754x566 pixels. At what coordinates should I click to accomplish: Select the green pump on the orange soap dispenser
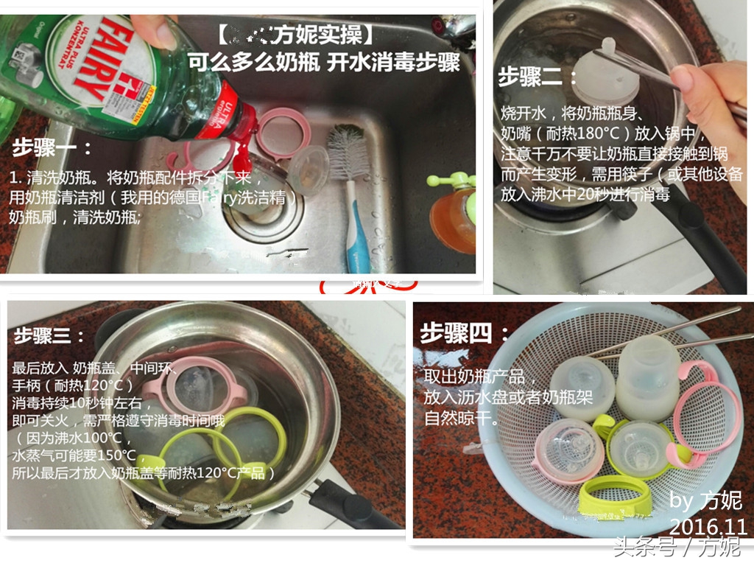coord(451,180)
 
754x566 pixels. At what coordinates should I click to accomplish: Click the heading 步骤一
coord(52,147)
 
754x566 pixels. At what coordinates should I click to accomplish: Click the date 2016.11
coord(708,526)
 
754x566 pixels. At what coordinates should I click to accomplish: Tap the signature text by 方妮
coord(705,500)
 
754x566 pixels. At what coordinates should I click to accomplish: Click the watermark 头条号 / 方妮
coord(677,548)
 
